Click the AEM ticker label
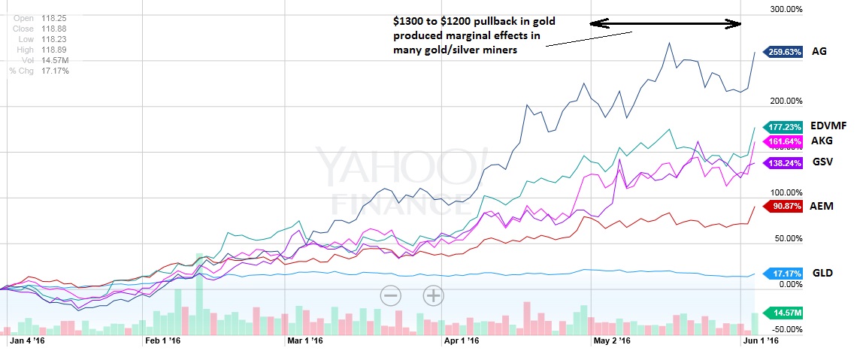coord(822,206)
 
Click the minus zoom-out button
coord(390,295)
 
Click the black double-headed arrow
coord(666,24)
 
